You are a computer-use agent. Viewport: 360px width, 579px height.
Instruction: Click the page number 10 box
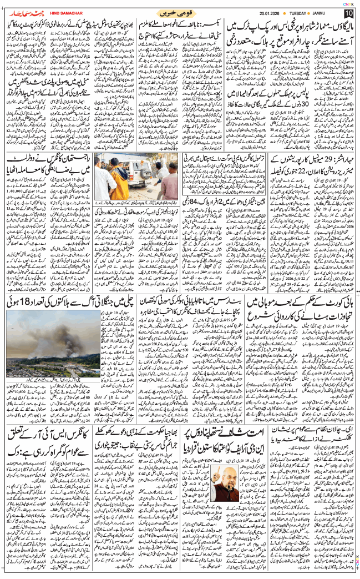pos(348,13)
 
